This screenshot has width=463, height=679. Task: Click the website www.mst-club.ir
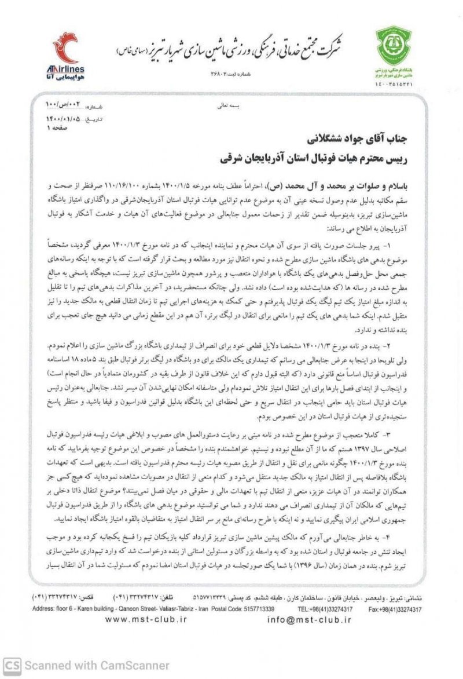(x=148, y=619)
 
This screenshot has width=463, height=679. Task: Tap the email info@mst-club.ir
(x=310, y=619)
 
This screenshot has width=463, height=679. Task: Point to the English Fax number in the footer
(x=395, y=609)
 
